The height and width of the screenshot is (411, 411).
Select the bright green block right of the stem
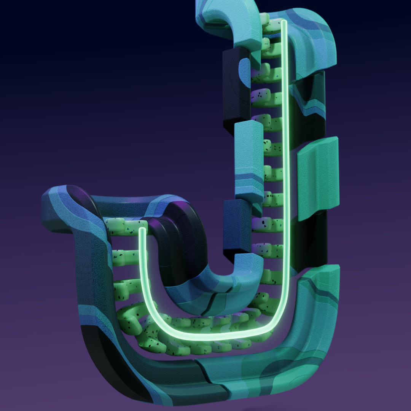[318, 178]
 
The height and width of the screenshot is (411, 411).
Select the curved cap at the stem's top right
[309, 39]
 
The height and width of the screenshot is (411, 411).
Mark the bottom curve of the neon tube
[210, 336]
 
